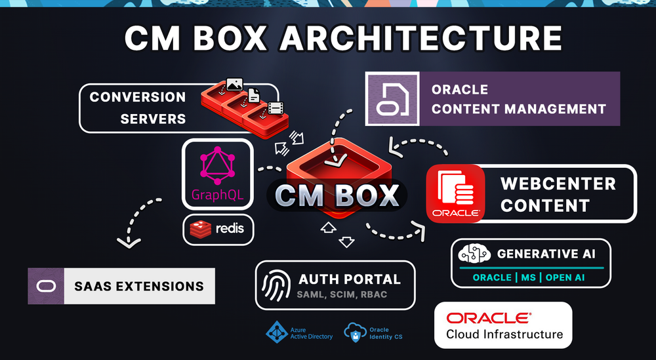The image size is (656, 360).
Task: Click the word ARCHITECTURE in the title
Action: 421,40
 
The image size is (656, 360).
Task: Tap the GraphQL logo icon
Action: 217,167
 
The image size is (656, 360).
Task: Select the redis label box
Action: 217,230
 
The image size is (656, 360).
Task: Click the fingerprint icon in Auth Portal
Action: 276,285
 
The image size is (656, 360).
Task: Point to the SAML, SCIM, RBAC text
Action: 342,294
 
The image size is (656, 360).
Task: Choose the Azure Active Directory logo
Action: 276,332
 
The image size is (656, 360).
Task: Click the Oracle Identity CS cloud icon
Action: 354,332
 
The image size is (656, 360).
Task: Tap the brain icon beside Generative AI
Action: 475,254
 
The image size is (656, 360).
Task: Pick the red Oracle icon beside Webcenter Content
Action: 455,194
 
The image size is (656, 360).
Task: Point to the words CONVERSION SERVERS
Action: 138,108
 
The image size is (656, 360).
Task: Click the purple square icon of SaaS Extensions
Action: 46,286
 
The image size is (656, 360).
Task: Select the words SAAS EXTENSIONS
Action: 139,286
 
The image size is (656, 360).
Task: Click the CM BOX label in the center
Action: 337,195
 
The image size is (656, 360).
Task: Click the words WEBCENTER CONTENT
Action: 558,194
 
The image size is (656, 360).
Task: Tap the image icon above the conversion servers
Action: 234,85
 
